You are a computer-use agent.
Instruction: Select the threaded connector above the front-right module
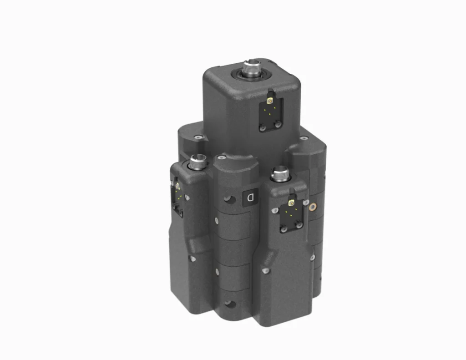[x=279, y=173]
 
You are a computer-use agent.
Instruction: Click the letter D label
[x=250, y=197]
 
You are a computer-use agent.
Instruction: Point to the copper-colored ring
[x=313, y=207]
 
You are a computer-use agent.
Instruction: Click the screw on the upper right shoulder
[x=303, y=138]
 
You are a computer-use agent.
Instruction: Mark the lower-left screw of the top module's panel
[x=262, y=128]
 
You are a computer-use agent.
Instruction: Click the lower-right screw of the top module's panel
[x=278, y=123]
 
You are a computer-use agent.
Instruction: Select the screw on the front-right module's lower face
[x=266, y=272]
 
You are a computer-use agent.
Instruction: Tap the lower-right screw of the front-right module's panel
[x=299, y=225]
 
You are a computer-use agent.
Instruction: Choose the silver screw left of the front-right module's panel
[x=274, y=211]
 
